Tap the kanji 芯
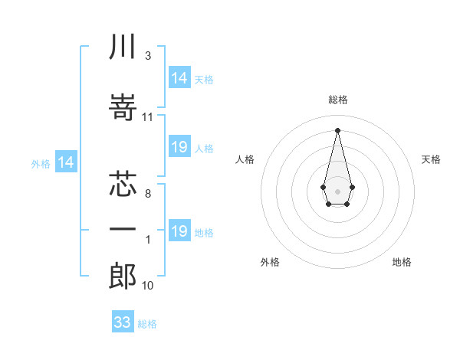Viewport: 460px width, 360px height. click(x=123, y=184)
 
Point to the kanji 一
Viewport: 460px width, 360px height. click(x=123, y=229)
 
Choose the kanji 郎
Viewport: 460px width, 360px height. click(x=123, y=275)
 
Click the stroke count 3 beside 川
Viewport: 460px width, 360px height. click(x=148, y=56)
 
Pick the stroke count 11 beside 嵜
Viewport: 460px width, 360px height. click(x=148, y=117)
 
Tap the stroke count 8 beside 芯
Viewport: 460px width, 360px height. click(x=148, y=195)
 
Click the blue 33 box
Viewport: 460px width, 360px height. click(x=123, y=322)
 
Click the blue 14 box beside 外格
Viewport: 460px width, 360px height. click(x=66, y=162)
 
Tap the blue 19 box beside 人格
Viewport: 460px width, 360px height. click(x=179, y=147)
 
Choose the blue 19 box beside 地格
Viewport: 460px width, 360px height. click(x=179, y=231)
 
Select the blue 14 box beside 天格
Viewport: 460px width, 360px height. click(x=179, y=77)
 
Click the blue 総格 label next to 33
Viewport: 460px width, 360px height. click(x=147, y=324)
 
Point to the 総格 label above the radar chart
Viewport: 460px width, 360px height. click(x=338, y=100)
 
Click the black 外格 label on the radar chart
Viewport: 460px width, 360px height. click(x=270, y=262)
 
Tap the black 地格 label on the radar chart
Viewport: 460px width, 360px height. click(x=402, y=262)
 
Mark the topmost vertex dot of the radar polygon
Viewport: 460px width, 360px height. click(x=338, y=129)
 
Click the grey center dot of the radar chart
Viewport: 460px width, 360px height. click(x=338, y=190)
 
